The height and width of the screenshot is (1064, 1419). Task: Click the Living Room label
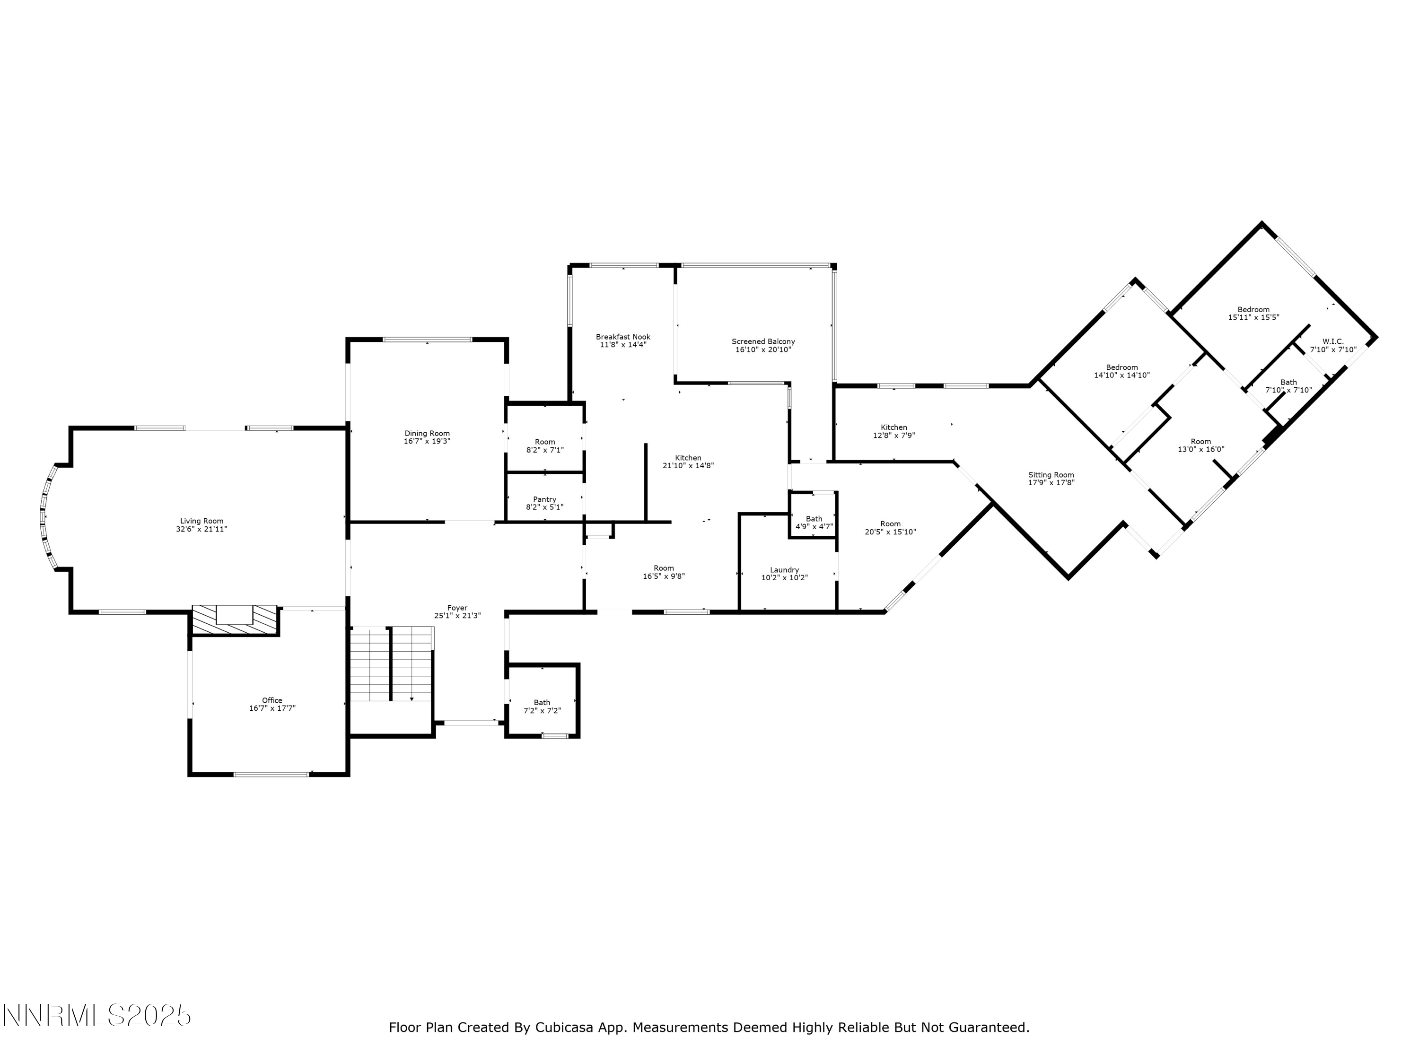point(201,521)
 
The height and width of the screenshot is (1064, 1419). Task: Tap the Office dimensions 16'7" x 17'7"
point(272,708)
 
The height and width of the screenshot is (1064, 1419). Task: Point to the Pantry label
point(544,499)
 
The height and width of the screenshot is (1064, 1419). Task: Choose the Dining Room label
point(427,434)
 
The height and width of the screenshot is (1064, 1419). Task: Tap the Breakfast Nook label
point(623,337)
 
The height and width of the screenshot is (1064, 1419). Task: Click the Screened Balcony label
point(763,341)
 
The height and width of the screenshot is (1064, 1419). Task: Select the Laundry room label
point(784,569)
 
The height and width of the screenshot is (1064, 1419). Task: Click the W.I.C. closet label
point(1332,341)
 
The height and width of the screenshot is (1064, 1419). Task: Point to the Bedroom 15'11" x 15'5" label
point(1253,309)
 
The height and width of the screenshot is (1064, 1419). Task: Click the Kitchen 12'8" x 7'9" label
point(893,427)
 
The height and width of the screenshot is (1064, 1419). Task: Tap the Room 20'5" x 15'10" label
point(890,523)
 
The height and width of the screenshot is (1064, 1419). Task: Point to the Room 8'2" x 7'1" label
point(544,442)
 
